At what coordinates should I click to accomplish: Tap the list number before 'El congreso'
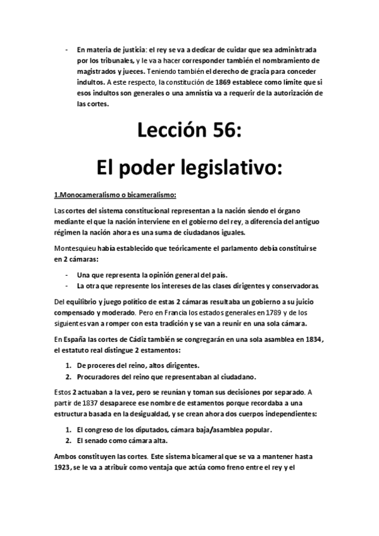69,430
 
